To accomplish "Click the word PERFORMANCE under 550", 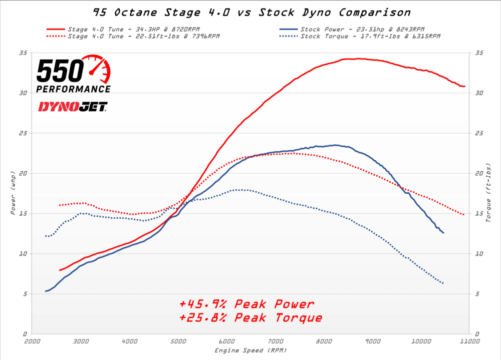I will pos(73,89).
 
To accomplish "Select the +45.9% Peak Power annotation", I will pos(246,304).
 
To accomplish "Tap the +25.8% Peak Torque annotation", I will pos(250,317).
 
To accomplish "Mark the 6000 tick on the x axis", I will pos(226,341).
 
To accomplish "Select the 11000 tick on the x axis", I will pos(469,341).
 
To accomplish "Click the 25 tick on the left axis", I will pos(24,133).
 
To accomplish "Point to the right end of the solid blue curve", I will pos(443,233).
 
